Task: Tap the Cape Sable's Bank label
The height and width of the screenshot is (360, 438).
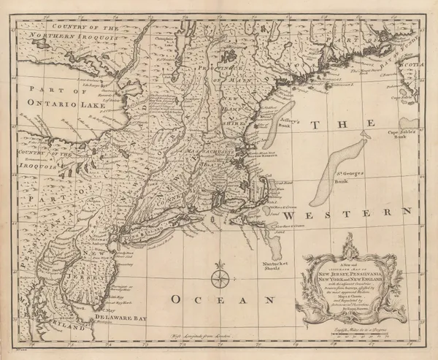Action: (404, 134)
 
